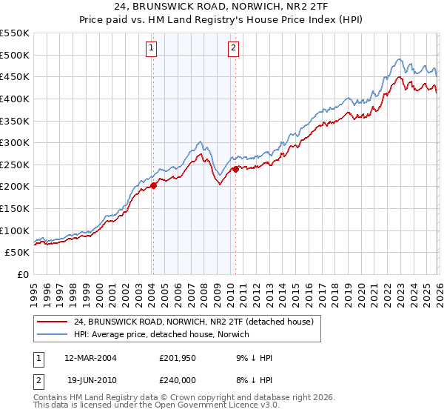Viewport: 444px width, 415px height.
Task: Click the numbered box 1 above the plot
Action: [x=152, y=49]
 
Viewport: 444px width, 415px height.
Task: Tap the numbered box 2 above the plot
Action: [x=233, y=49]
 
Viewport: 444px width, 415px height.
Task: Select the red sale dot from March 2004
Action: [x=154, y=186]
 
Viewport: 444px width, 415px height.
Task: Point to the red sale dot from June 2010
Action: [x=236, y=169]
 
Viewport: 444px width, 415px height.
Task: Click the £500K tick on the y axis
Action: [x=15, y=55]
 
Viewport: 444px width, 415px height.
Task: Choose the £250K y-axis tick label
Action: [x=15, y=165]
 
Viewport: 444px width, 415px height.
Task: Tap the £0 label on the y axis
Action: [x=22, y=274]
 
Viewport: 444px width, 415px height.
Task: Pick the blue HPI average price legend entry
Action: [x=162, y=335]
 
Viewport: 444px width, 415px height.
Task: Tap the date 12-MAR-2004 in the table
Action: [x=90, y=359]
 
